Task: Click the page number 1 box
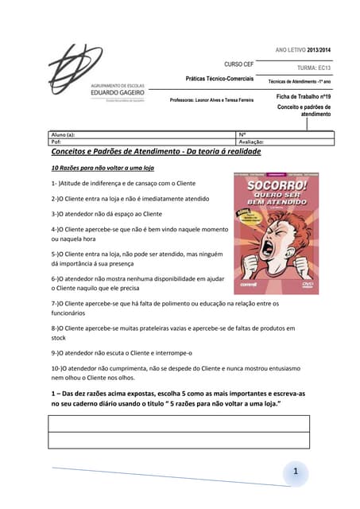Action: [295, 474]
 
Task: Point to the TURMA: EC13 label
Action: [313, 69]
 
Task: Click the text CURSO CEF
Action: [238, 64]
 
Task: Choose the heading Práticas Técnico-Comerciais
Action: [219, 80]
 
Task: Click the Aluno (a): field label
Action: [63, 134]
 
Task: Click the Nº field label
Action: [242, 134]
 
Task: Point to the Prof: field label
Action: [56, 142]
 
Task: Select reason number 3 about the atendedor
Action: [106, 213]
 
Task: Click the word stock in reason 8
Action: [60, 337]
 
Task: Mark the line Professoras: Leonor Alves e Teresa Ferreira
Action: [212, 100]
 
